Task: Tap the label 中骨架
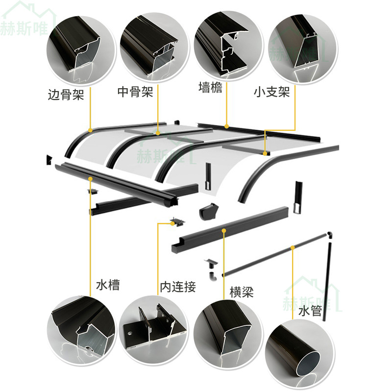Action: pos(135,92)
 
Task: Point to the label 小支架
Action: pos(271,92)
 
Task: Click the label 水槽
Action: pos(108,285)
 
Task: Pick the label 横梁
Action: pos(242,293)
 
